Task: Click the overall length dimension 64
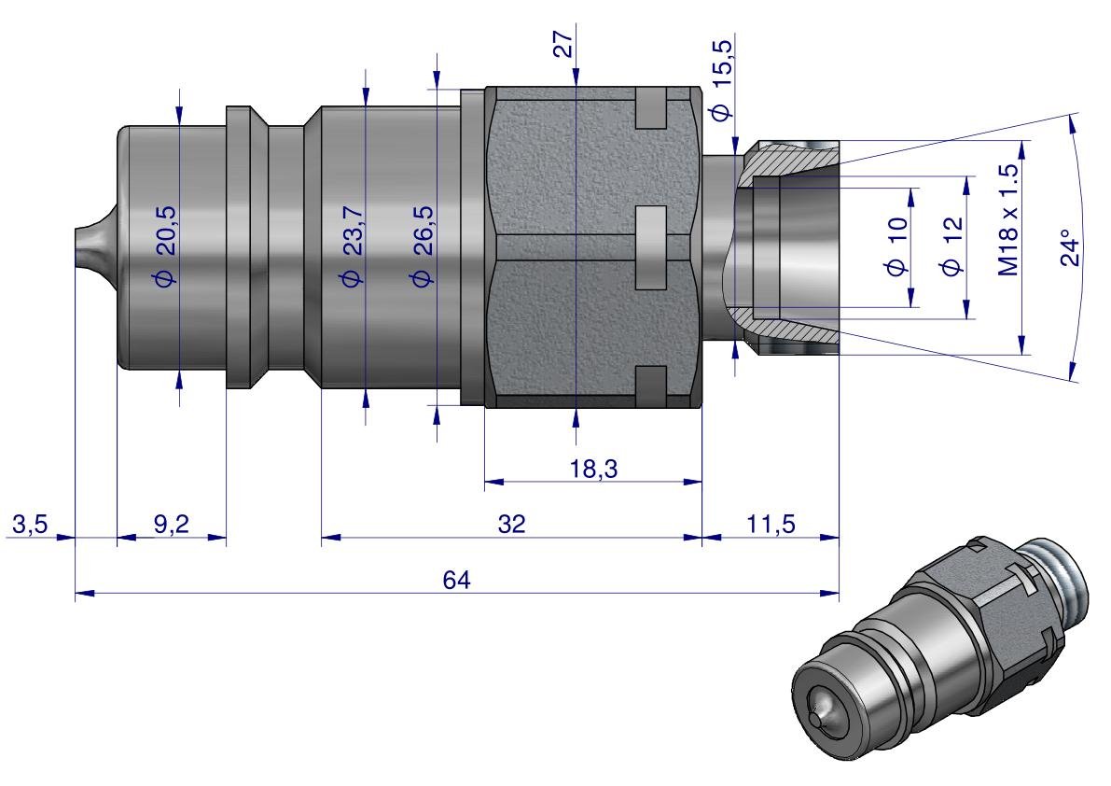457,580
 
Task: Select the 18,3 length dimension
594,470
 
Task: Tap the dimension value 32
510,525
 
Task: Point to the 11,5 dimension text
770,525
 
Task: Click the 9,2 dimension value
171,525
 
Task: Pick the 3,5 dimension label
28,525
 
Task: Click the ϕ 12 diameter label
952,247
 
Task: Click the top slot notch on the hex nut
650,109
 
